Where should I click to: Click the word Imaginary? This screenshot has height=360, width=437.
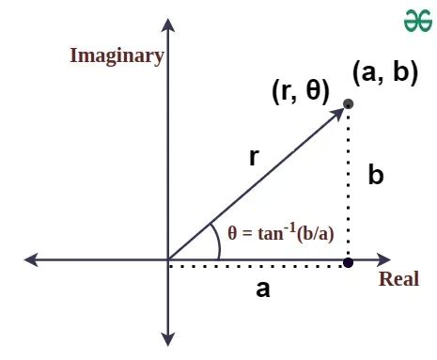(117, 55)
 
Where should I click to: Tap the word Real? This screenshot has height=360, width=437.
(398, 279)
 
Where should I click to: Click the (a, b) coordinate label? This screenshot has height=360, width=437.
(384, 72)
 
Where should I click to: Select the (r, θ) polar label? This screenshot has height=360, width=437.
(300, 90)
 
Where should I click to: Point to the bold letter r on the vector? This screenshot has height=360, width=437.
(254, 157)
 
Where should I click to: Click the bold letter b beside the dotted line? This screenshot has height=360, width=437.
(376, 176)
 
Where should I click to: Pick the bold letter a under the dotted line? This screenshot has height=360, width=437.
(263, 290)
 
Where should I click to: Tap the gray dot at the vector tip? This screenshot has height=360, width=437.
(349, 103)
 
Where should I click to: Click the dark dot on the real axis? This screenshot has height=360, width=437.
(349, 261)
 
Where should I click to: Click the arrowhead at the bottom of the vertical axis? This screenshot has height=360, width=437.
(167, 338)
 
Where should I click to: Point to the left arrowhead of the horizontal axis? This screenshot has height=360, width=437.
(31, 260)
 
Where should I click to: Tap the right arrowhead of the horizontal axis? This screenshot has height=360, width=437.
(386, 260)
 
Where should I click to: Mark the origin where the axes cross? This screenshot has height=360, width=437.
(167, 260)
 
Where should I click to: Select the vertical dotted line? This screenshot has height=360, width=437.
(349, 183)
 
